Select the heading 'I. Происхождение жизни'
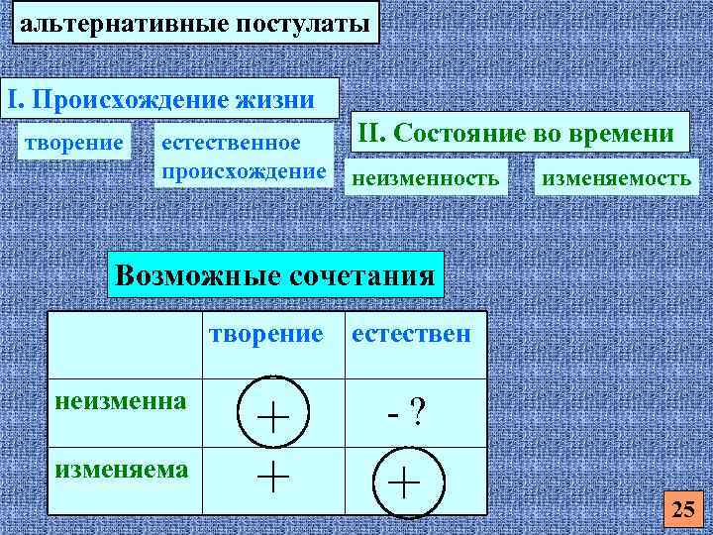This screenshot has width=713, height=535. tap(160, 100)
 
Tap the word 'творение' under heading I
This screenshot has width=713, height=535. tap(75, 144)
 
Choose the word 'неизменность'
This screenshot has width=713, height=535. tap(423, 178)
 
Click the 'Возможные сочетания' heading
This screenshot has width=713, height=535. tap(275, 273)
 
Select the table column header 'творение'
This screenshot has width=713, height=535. tap(266, 334)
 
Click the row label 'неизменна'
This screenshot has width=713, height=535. tap(121, 401)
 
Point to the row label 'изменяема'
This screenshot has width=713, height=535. tap(121, 468)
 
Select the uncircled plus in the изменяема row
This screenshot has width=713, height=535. tap(273, 478)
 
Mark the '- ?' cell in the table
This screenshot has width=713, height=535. tap(407, 409)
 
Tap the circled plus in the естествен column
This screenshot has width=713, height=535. tap(404, 483)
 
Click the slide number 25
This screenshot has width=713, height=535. tap(683, 510)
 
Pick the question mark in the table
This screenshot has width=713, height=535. tap(418, 409)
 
